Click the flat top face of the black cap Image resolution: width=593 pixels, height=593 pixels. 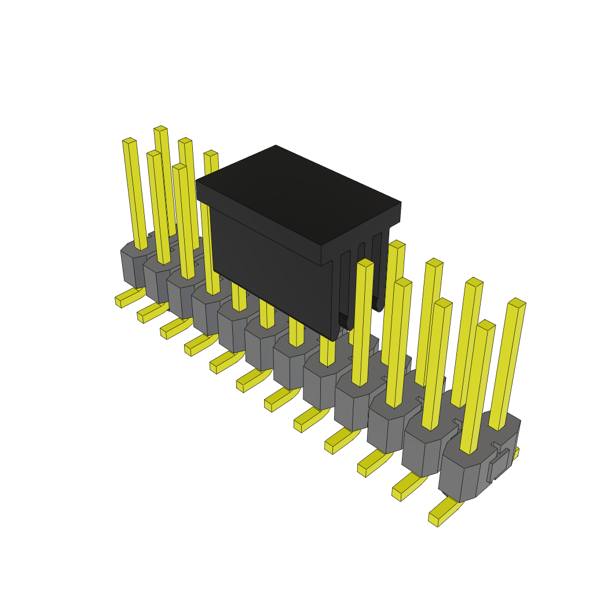298,194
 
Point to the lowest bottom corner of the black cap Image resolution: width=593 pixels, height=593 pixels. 335,339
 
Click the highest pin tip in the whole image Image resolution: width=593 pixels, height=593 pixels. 160,129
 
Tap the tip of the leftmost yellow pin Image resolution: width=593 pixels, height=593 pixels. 129,141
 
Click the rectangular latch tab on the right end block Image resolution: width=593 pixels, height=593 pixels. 499,465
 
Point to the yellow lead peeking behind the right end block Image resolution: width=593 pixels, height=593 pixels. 515,453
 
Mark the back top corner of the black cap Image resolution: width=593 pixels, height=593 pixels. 276,147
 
